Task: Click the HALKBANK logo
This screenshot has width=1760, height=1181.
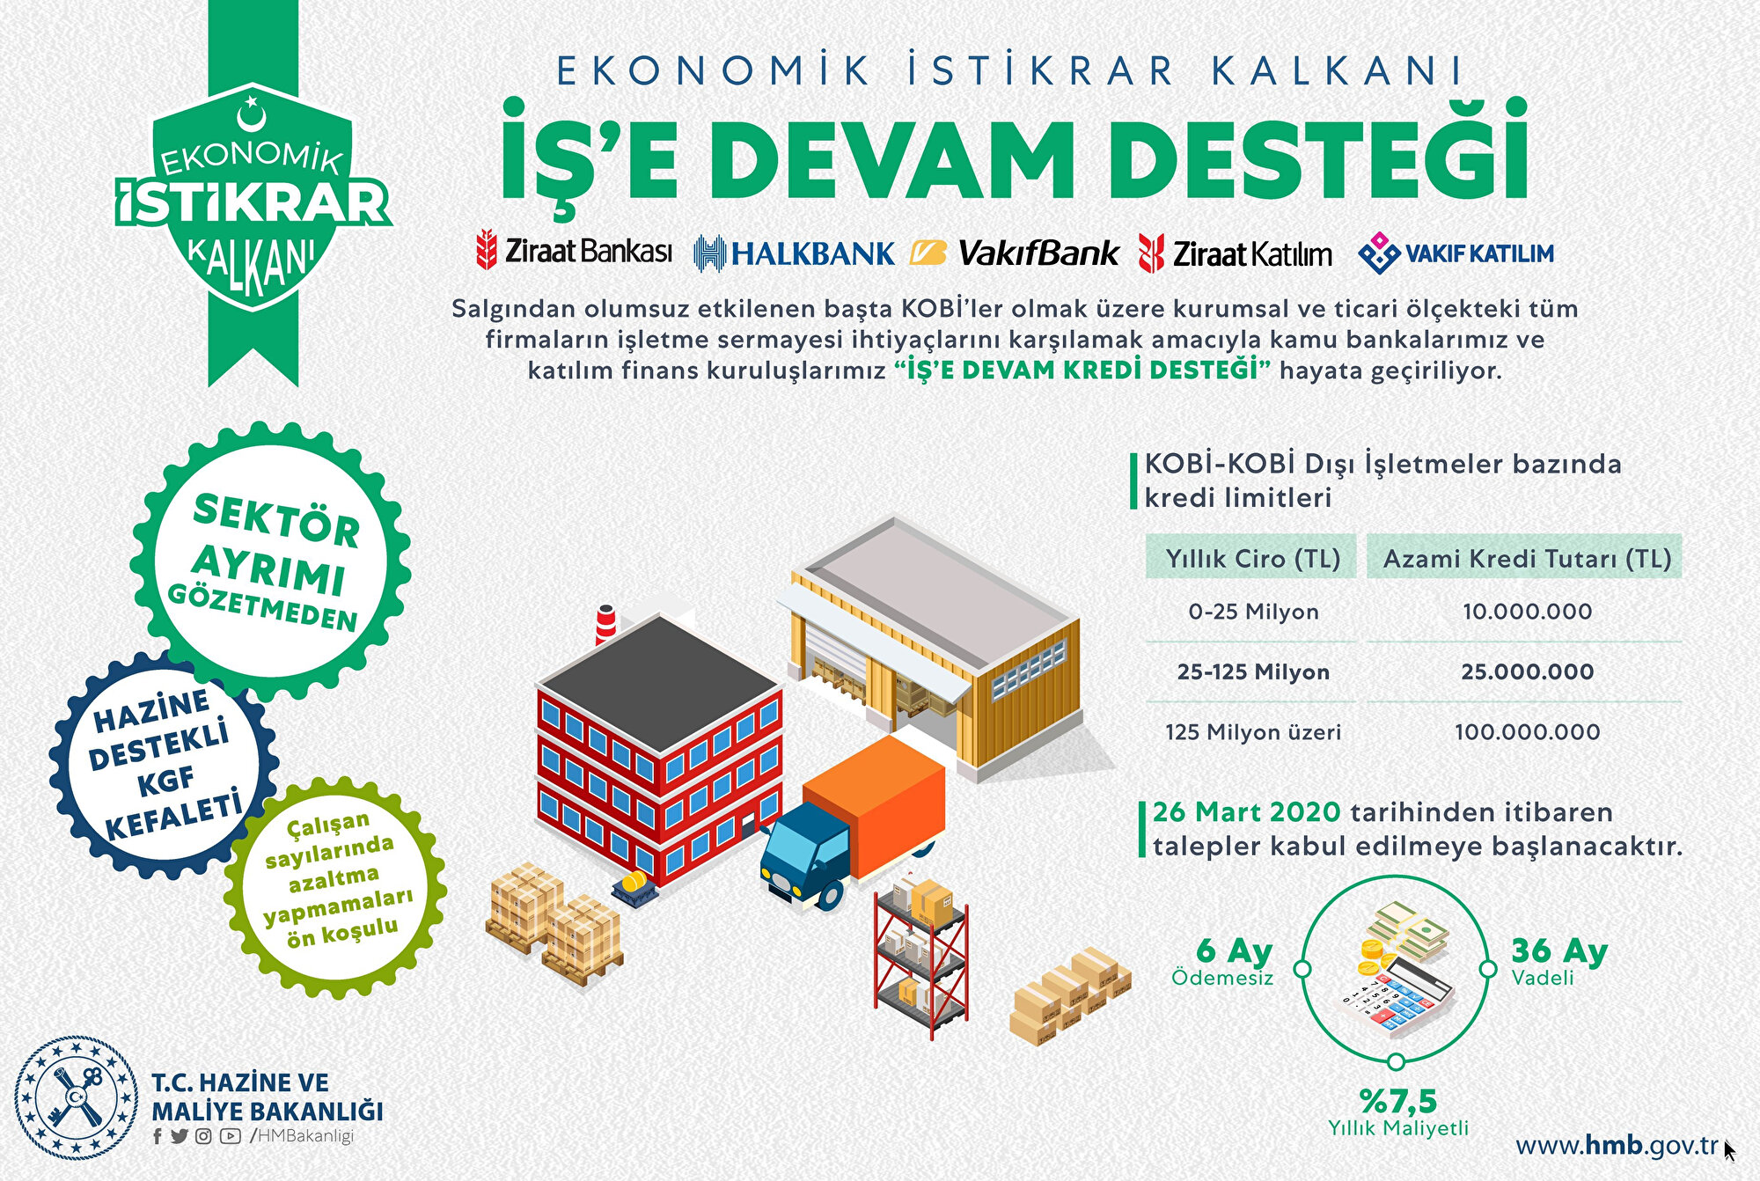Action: (794, 253)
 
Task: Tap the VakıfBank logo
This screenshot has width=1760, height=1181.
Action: (1015, 253)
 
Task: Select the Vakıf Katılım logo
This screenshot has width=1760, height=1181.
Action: (1456, 253)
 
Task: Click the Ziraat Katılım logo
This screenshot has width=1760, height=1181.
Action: (1235, 253)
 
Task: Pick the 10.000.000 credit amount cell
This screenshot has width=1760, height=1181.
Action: (1528, 612)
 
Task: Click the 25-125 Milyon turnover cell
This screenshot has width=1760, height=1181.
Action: (1253, 672)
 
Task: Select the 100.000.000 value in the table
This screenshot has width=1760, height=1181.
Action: (1528, 732)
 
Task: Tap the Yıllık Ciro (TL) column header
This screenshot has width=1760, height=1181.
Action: (1252, 559)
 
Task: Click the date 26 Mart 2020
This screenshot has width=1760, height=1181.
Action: (1246, 811)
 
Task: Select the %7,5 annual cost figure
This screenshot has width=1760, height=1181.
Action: (1398, 1101)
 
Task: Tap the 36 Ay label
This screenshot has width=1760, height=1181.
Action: (1559, 950)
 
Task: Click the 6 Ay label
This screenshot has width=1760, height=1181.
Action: (1235, 950)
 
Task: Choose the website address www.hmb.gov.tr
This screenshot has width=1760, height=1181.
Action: (1617, 1146)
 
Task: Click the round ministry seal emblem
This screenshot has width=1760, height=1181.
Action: (77, 1097)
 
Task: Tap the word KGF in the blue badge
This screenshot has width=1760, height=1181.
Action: (165, 781)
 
